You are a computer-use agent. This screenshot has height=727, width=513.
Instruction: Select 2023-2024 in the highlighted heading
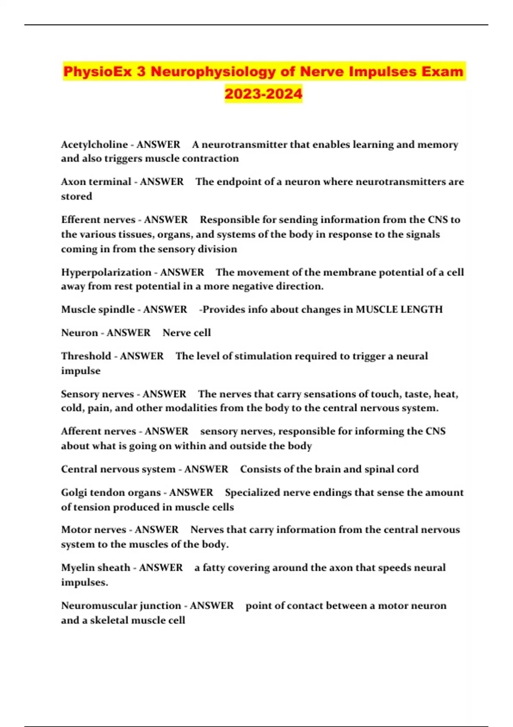(263, 93)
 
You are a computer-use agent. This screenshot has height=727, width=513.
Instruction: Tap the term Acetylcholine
(94, 145)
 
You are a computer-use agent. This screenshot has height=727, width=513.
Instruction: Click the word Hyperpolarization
(106, 272)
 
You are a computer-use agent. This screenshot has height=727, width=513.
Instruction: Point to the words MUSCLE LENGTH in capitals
(399, 309)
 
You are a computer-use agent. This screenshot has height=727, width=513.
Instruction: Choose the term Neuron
(80, 333)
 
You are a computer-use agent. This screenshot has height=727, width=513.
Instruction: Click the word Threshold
(86, 356)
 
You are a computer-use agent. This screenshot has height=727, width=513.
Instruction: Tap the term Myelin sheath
(95, 567)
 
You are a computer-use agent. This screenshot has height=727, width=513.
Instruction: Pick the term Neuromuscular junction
(121, 606)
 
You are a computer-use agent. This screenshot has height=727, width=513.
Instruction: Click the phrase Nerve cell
(187, 333)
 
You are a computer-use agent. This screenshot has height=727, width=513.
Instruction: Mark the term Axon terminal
(96, 182)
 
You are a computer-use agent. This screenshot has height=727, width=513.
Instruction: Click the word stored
(77, 196)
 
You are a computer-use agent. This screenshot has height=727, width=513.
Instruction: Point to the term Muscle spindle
(97, 309)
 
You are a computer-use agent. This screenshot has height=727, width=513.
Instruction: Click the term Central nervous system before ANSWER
(118, 469)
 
